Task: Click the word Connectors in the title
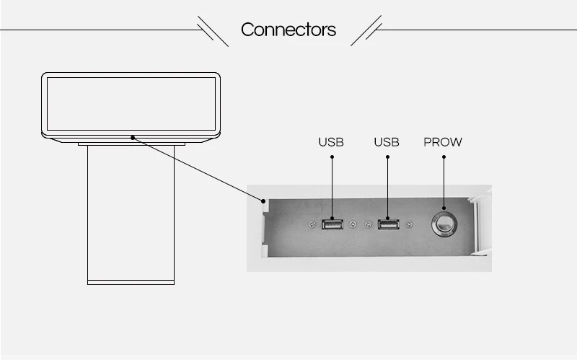click(288, 30)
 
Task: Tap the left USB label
click(331, 142)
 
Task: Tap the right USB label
click(387, 142)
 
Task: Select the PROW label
click(443, 142)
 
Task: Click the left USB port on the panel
click(332, 224)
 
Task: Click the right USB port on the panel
click(387, 224)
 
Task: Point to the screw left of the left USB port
click(312, 224)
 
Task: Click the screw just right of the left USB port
click(353, 224)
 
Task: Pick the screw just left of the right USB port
click(369, 224)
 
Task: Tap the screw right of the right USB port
click(409, 224)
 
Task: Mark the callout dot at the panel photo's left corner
click(265, 201)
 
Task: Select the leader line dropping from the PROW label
click(443, 180)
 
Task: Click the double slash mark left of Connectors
click(213, 31)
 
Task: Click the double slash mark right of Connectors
click(366, 31)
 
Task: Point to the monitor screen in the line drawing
click(131, 103)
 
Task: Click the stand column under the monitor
click(131, 209)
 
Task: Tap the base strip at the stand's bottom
click(131, 281)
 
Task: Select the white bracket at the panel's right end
click(480, 224)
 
